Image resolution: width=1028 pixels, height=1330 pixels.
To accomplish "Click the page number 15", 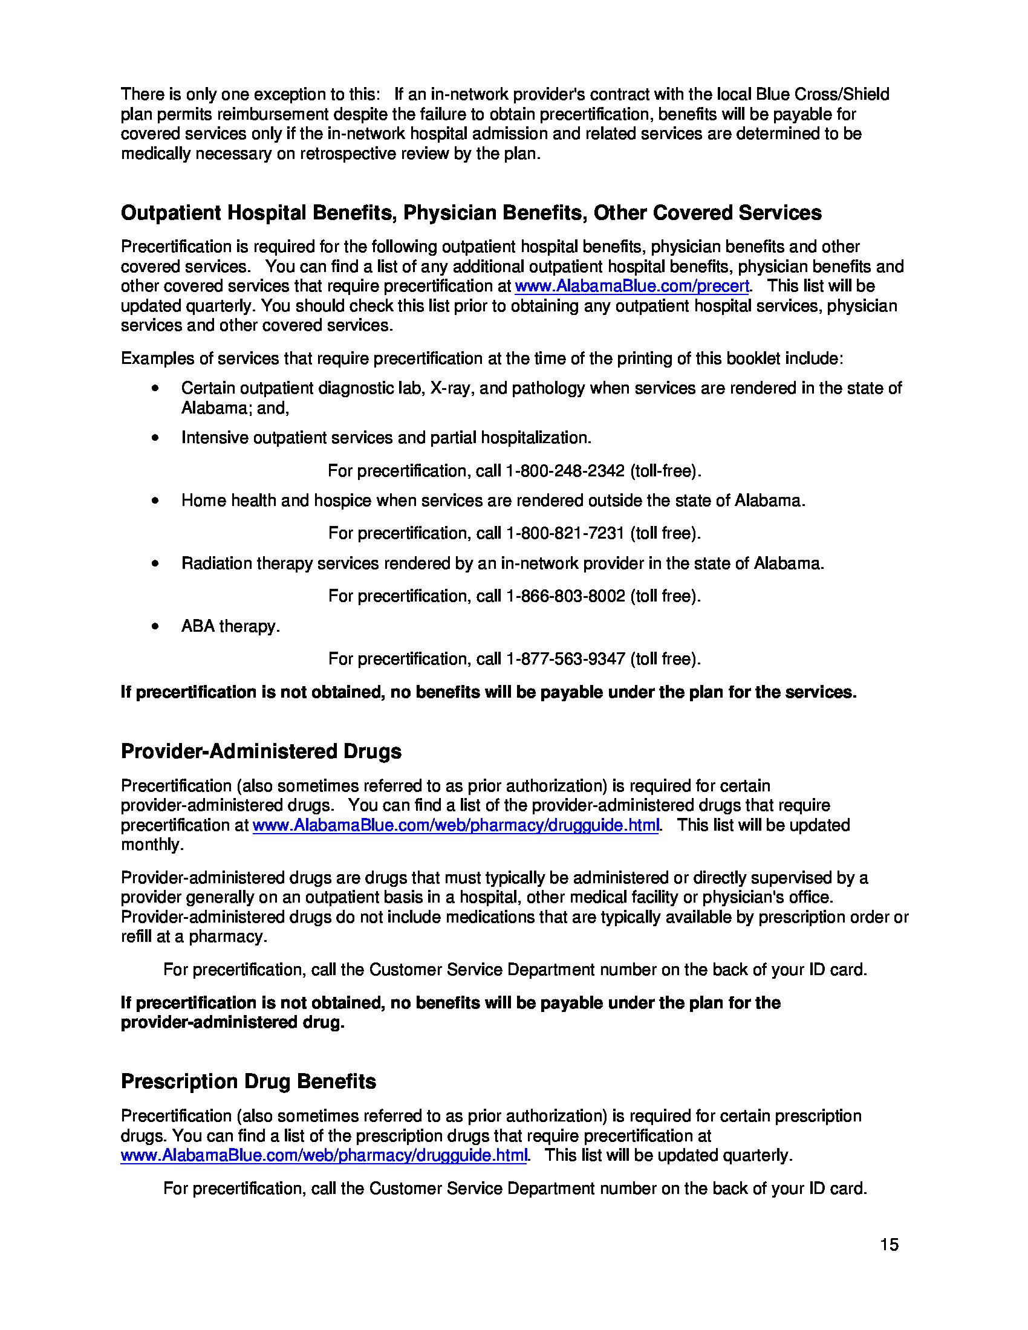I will click(x=888, y=1244).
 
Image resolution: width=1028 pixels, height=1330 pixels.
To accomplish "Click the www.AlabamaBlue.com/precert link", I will click(x=631, y=286).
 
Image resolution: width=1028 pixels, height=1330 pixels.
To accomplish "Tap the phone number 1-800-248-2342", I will click(x=565, y=471).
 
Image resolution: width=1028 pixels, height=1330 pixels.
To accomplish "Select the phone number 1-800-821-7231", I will click(x=565, y=533).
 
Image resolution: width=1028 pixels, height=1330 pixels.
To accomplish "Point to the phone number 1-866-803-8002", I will click(x=565, y=596).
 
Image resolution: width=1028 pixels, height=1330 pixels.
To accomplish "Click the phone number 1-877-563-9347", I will click(x=565, y=659).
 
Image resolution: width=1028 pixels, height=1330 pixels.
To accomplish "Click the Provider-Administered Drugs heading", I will click(x=261, y=751).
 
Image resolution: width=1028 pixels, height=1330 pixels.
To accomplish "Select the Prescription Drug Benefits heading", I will click(x=248, y=1082).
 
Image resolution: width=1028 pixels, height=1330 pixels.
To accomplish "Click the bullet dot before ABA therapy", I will click(x=155, y=626).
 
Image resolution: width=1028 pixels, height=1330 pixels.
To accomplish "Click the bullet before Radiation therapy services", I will click(x=155, y=563).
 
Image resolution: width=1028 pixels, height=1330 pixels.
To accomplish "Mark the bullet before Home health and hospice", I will click(x=155, y=501).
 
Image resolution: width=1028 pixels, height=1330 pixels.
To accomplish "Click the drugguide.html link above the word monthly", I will click(x=455, y=826).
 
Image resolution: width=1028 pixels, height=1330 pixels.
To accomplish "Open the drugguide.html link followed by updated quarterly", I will click(x=324, y=1156).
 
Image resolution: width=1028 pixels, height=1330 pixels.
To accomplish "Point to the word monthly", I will click(x=151, y=845).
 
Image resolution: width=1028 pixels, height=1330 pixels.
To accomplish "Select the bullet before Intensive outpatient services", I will click(x=155, y=438).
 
